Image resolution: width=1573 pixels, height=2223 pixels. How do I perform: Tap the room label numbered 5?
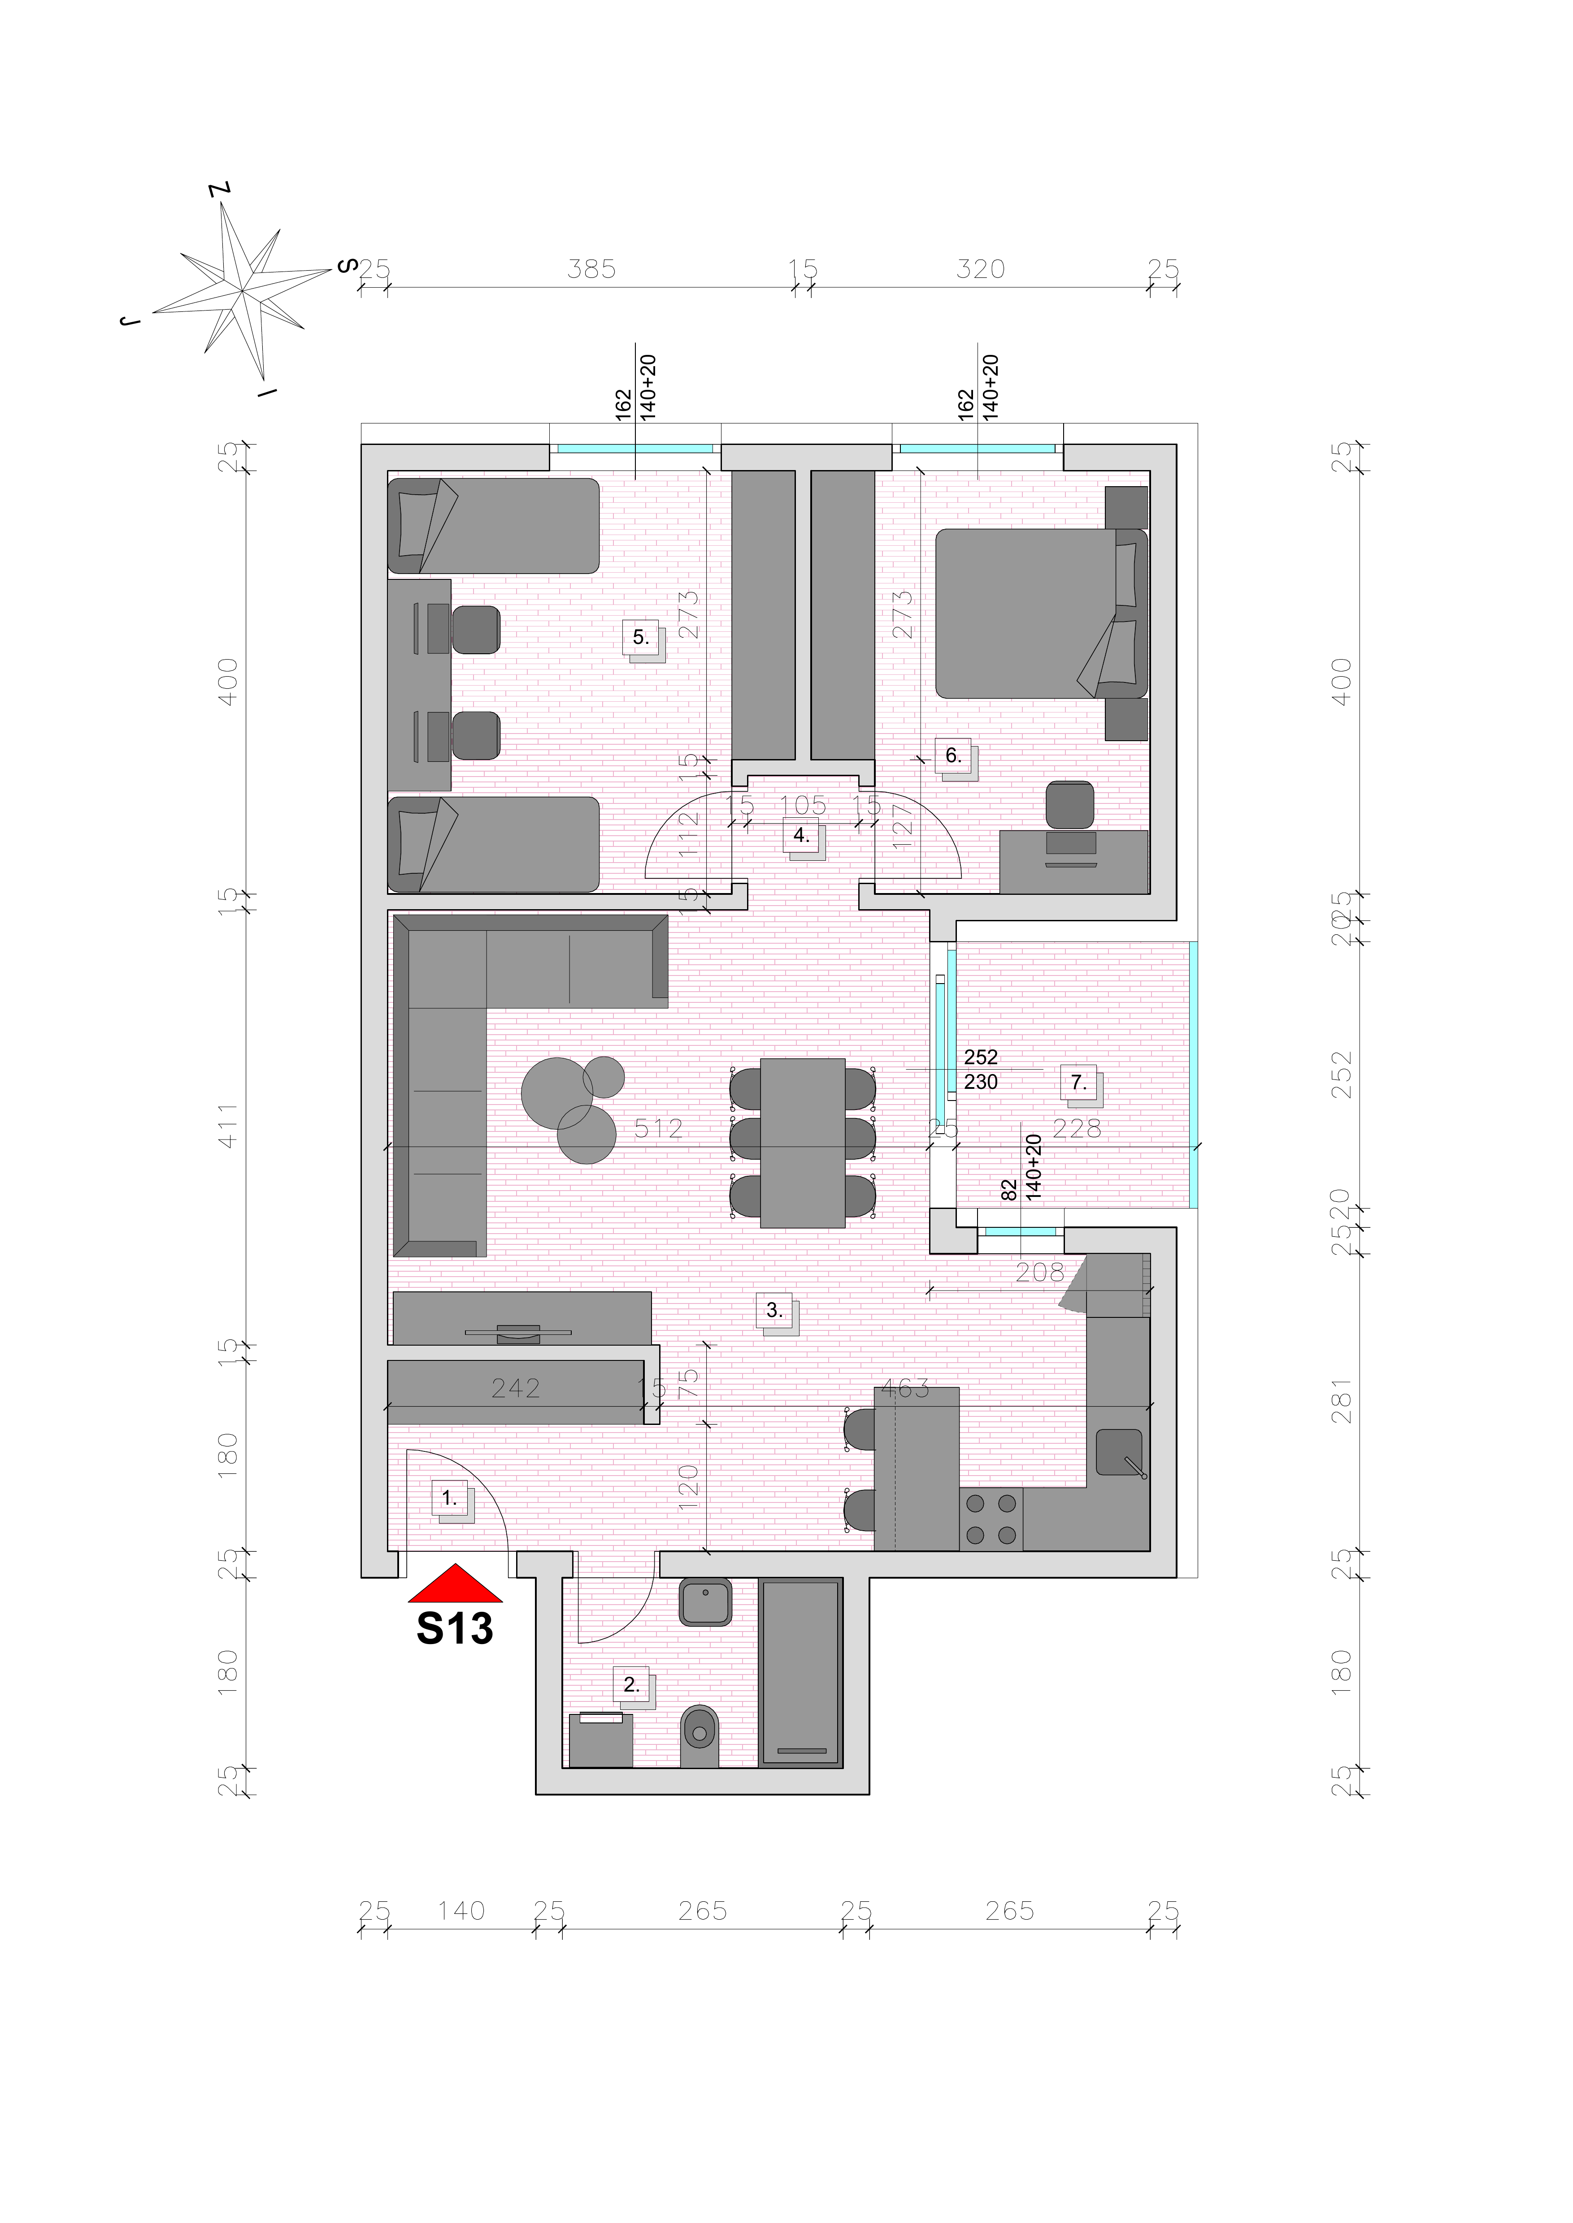pos(640,637)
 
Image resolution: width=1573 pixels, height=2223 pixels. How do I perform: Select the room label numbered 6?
pos(953,755)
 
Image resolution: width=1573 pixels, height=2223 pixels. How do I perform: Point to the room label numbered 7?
pos(1078,1083)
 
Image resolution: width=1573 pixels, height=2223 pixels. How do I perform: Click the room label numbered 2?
pos(631,1685)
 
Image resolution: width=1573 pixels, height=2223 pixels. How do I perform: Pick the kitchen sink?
pos(1119,1452)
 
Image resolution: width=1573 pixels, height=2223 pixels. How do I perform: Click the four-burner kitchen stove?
pos(991,1519)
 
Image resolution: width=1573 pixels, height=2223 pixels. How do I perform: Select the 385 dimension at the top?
pos(591,269)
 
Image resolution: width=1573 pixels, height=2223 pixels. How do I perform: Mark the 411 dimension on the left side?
pos(228,1125)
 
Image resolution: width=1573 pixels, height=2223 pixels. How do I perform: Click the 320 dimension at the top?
pos(980,269)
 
